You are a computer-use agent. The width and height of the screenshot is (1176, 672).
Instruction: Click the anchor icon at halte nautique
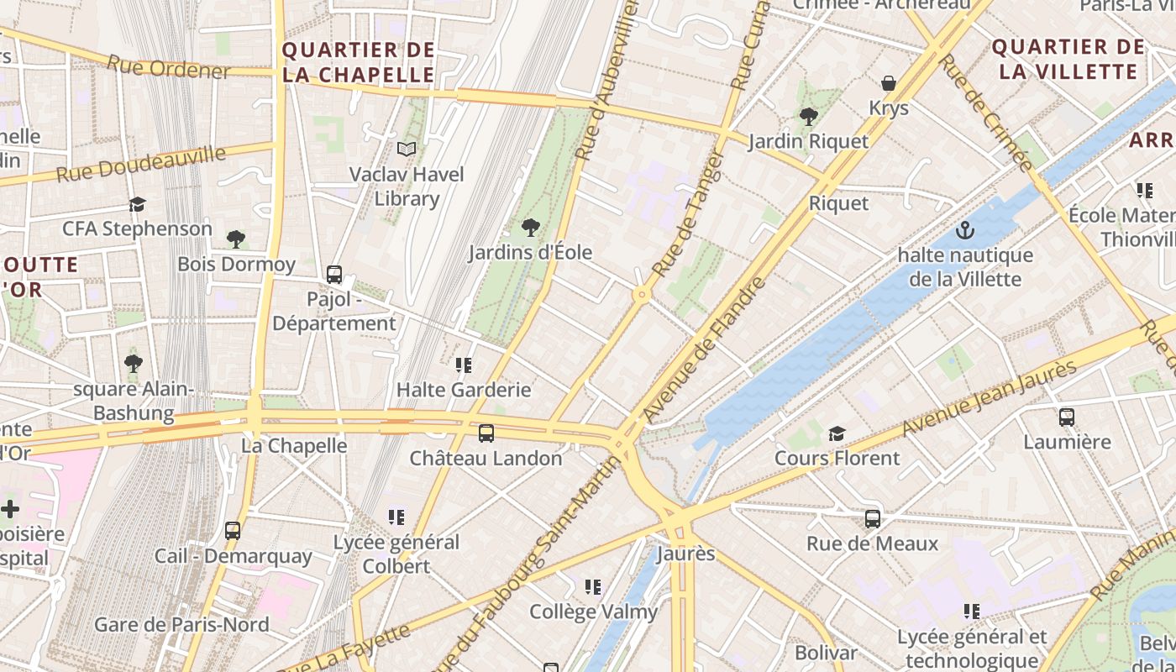(965, 230)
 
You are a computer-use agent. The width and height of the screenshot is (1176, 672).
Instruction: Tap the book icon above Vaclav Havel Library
(407, 150)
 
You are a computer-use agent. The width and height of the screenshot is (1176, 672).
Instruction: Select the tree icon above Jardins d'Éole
(530, 227)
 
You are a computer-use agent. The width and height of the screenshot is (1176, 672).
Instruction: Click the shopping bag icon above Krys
(889, 83)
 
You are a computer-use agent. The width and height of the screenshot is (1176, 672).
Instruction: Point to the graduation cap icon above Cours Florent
(837, 433)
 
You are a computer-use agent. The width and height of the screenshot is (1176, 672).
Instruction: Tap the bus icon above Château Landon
(486, 433)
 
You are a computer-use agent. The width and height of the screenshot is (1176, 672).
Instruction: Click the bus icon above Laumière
(1067, 417)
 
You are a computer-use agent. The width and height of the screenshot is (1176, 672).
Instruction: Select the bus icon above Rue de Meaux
(873, 519)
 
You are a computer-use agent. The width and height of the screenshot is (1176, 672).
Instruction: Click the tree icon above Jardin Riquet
(808, 116)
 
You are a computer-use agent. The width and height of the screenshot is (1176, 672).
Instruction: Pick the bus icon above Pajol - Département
(334, 274)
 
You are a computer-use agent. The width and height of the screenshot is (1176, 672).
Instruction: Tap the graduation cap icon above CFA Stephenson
(137, 204)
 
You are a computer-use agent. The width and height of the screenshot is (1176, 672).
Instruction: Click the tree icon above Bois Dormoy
(236, 239)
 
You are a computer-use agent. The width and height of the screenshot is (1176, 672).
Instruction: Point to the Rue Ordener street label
(168, 67)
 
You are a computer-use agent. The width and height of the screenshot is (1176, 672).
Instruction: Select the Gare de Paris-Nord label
(181, 624)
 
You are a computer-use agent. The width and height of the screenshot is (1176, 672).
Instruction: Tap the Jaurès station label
(685, 554)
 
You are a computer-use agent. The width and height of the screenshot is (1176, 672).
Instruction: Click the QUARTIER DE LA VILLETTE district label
(1068, 59)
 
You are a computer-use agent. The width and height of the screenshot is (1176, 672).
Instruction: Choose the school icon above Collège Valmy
(593, 587)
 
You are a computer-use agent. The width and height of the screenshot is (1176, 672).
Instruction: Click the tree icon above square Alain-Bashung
(133, 364)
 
